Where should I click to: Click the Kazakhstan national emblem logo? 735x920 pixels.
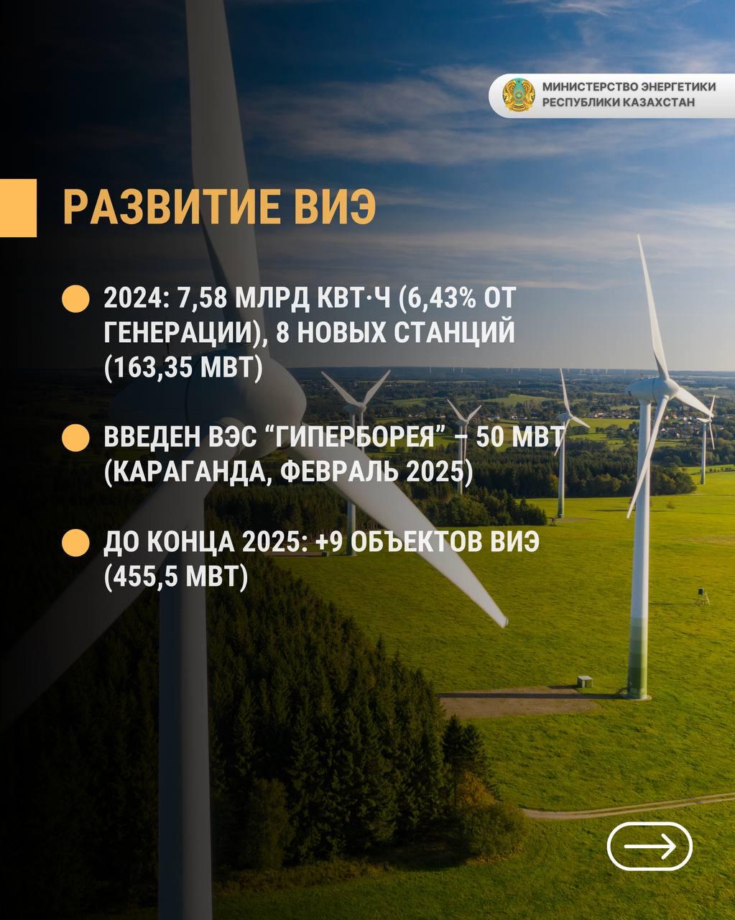point(518,94)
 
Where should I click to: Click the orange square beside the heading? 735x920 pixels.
point(19,208)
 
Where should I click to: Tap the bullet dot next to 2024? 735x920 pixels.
point(75,298)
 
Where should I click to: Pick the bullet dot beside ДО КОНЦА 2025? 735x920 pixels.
point(75,542)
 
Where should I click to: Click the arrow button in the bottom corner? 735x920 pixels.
point(650,846)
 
